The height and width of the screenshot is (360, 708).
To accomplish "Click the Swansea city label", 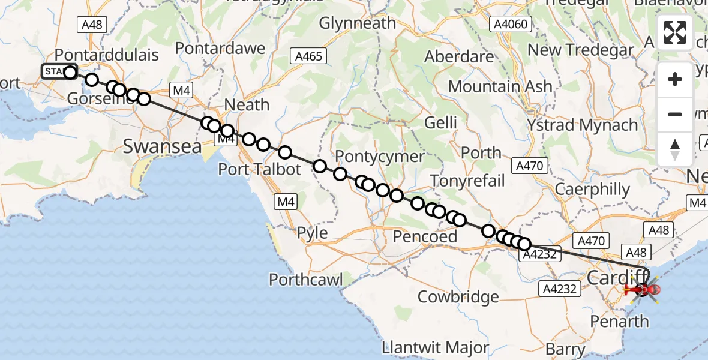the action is click(162, 145).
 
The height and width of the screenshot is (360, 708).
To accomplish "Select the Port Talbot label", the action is click(259, 169).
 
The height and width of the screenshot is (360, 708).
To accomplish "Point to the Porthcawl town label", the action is click(306, 280).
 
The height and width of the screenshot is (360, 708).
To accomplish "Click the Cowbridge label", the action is click(458, 296).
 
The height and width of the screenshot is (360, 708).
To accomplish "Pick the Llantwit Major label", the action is click(435, 348).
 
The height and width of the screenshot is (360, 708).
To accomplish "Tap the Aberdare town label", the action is click(459, 57).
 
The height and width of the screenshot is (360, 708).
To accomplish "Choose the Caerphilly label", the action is click(592, 190).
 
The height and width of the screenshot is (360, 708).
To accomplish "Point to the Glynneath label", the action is click(358, 23).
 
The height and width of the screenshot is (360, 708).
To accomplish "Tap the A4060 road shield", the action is click(510, 24).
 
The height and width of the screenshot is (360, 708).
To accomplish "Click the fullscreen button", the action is click(675, 32).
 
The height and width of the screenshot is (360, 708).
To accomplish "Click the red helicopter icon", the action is click(642, 290).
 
